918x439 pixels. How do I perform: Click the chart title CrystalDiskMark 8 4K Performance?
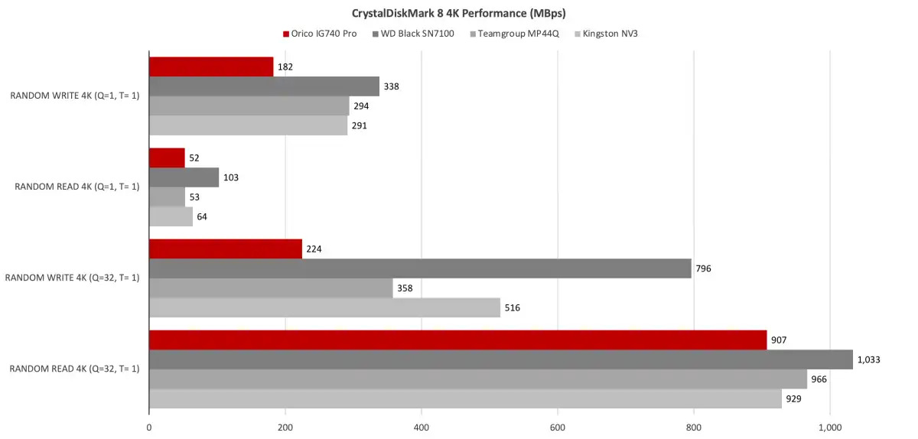459,13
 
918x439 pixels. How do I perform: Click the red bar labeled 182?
211,67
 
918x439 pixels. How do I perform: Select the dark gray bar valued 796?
420,268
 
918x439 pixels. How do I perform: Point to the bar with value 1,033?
500,359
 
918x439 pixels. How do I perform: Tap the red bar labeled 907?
457,340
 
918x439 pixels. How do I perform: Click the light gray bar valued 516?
324,307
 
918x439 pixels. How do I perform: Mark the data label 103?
231,177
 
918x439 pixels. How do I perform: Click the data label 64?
202,216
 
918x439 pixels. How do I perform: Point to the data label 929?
796,398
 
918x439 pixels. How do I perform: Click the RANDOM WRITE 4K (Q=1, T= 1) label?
75,96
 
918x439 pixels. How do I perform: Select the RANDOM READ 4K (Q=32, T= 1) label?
74,369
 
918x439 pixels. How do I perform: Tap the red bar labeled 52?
167,158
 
